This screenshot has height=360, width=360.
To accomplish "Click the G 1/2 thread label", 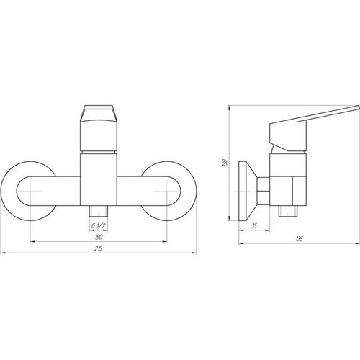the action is [99, 225].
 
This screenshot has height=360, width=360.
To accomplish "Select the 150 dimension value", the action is [99, 237].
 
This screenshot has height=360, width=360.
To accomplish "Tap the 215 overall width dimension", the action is [98, 248].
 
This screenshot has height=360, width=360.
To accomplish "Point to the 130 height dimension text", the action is [225, 163].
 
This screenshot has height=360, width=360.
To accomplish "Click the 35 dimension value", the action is [254, 226].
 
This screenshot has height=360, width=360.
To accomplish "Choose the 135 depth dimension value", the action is [300, 239].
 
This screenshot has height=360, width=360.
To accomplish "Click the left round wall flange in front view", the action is [7, 191].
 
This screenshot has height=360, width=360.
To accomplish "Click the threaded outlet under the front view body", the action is [99, 210].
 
